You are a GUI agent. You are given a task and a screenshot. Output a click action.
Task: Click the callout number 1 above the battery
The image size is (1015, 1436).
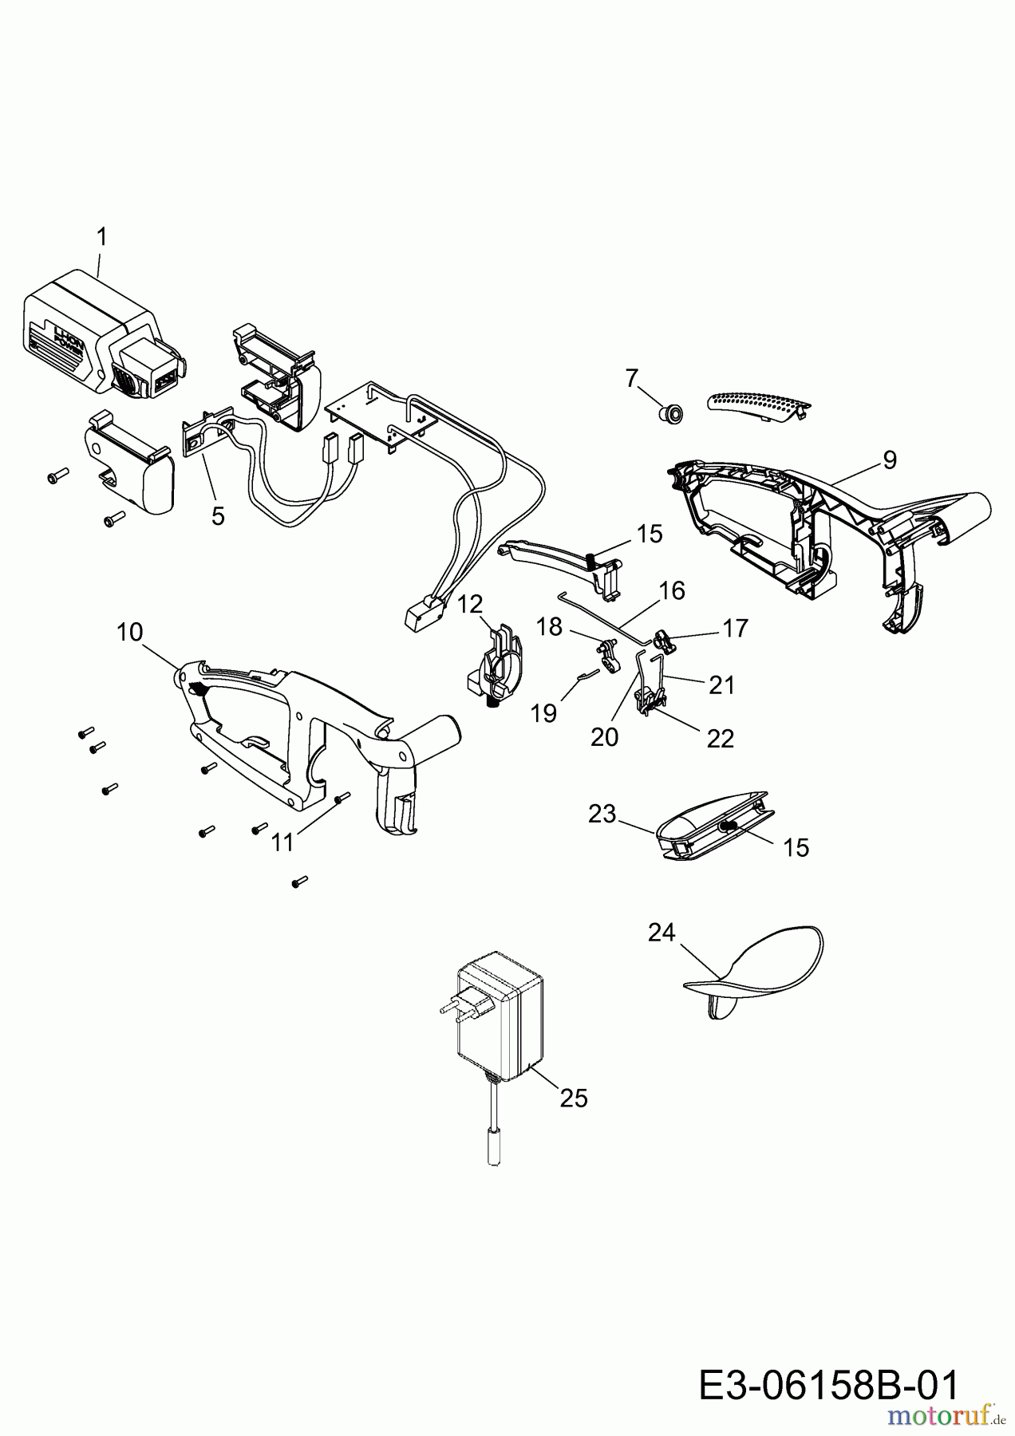point(101,237)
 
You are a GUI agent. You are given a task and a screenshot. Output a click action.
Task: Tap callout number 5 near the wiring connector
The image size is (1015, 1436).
point(218,516)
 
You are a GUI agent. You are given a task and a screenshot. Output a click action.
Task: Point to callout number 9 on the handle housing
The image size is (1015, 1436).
point(890,460)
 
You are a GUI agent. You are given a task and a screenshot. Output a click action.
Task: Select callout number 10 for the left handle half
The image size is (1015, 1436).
point(129,633)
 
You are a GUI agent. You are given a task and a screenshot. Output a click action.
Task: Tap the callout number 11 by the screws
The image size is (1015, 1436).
point(282,842)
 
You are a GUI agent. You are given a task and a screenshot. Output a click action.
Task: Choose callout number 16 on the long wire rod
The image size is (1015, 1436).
point(672,590)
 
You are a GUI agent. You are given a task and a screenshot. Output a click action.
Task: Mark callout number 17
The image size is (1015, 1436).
point(735,628)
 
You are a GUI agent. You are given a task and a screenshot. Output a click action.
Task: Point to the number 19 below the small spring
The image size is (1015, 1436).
point(543,712)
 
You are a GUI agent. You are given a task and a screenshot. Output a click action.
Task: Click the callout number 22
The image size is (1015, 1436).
point(720,739)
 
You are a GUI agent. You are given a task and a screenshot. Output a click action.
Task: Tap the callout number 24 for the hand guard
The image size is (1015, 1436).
point(662,932)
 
